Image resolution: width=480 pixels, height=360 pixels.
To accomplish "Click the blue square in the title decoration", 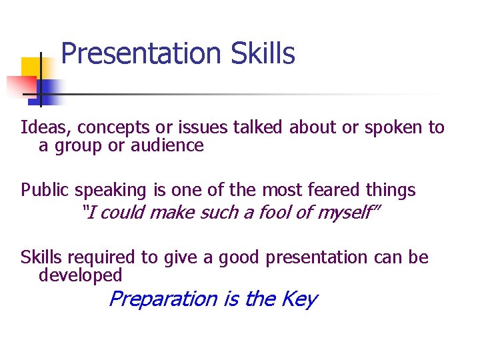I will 48,88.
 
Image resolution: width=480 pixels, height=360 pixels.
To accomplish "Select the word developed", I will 80,275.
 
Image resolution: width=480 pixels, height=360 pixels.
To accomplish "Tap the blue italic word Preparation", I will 163,299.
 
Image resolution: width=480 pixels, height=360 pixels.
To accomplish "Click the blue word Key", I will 300,299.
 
